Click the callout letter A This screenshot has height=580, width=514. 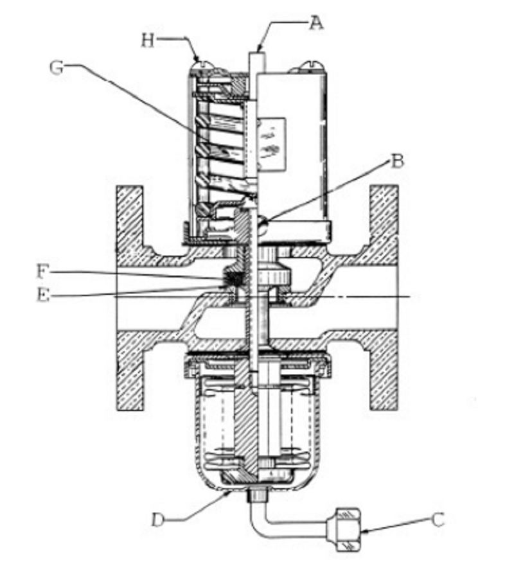point(316,23)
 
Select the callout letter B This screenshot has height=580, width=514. point(397,161)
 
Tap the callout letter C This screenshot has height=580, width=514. point(438,520)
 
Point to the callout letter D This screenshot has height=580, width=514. point(157,520)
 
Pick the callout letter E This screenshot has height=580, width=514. point(43,295)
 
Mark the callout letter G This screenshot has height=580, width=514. point(57,68)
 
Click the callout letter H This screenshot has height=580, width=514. point(148,40)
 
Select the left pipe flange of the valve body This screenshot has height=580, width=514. point(130,298)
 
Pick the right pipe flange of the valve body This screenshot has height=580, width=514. point(384,298)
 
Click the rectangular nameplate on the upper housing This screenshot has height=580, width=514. point(272,145)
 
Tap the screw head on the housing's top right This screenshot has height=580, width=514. point(311,66)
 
